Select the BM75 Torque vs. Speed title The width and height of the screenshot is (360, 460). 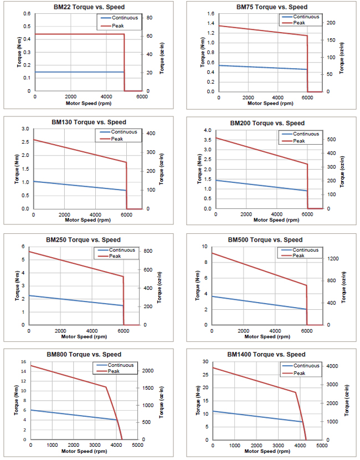pos(271,7)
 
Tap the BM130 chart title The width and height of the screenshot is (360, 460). pos(89,122)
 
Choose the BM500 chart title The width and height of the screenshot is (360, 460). pos(265,240)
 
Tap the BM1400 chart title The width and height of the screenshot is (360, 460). pos(266,354)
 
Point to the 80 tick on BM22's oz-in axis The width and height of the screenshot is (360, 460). pos(149,18)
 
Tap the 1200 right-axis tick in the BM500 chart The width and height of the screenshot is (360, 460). pos(330,259)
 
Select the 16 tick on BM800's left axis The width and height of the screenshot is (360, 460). pos(24,362)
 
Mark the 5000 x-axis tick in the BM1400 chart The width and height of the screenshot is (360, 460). pos(322,445)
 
